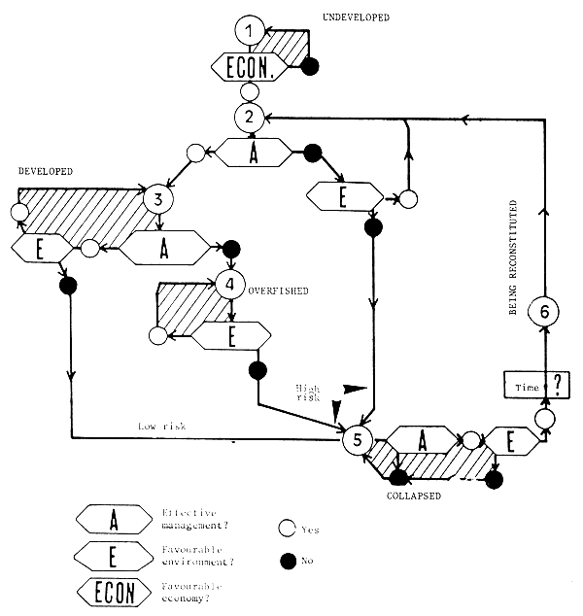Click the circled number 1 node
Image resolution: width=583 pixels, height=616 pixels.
coord(250,32)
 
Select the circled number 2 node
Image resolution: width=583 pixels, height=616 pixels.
coord(250,118)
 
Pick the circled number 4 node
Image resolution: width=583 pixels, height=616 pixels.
coord(229,286)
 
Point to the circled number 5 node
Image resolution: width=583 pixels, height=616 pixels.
coord(358,440)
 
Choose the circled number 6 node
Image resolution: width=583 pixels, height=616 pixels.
coord(545,312)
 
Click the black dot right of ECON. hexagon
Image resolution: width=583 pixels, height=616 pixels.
coord(311,67)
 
